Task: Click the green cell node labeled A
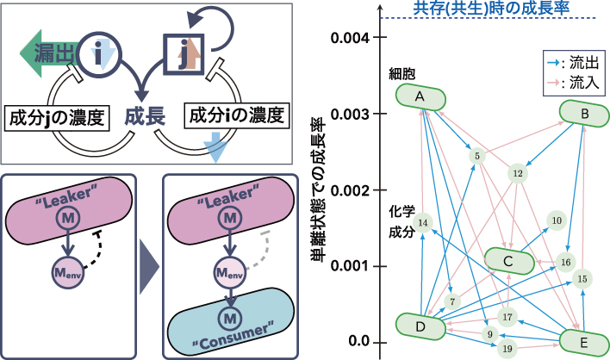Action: click(420, 96)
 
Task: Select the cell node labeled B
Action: click(584, 113)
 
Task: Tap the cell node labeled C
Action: click(508, 260)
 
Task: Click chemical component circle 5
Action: click(476, 156)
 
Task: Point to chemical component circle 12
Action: click(518, 173)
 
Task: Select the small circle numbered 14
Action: click(422, 223)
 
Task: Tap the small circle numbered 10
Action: click(556, 221)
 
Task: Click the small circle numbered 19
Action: click(506, 348)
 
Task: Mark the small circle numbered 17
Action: click(507, 315)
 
